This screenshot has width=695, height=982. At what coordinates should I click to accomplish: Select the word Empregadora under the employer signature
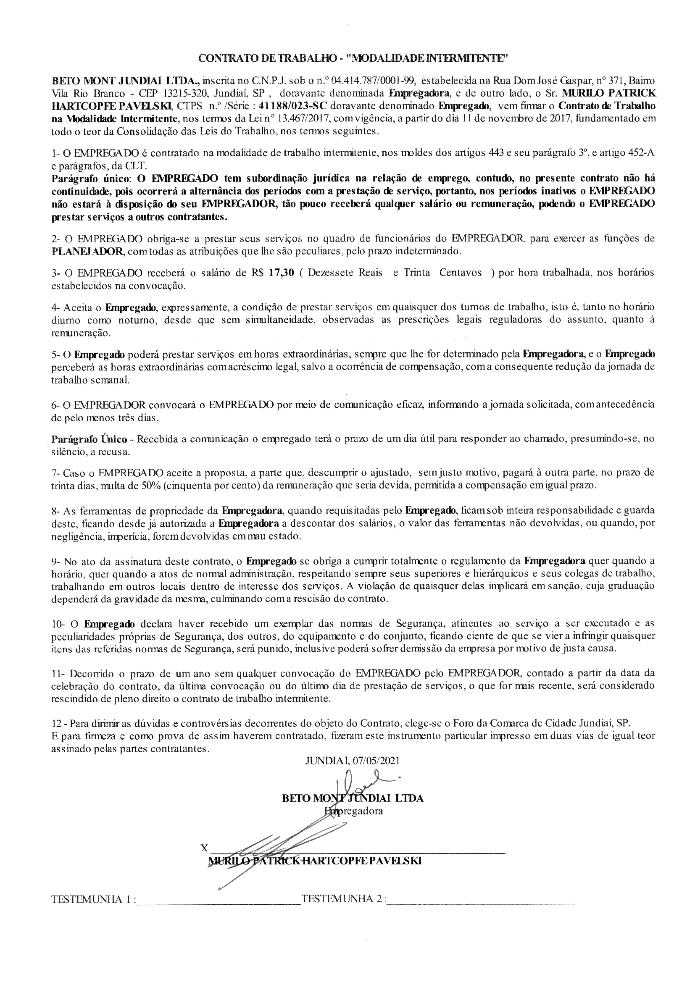click(x=353, y=811)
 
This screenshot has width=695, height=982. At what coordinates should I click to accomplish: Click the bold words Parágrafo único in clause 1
click(x=90, y=178)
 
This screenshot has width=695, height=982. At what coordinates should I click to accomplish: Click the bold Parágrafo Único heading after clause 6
click(x=89, y=438)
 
